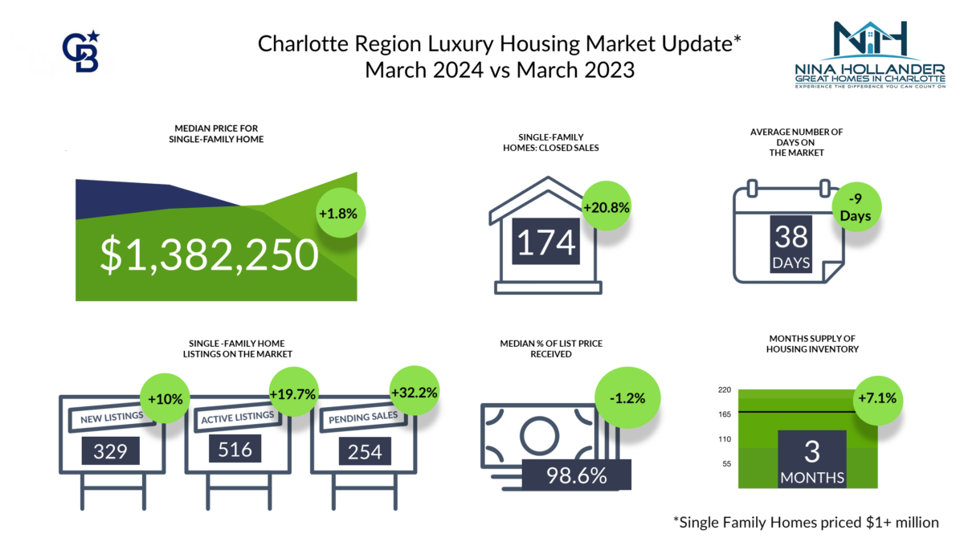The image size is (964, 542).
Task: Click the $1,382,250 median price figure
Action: click(x=210, y=254)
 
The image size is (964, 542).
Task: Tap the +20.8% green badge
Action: click(x=607, y=206)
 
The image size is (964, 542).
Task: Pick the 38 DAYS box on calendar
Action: click(x=792, y=246)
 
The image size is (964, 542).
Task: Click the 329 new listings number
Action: click(x=111, y=450)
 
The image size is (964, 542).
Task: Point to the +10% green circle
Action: click(x=164, y=397)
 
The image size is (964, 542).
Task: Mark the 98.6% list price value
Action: click(x=576, y=474)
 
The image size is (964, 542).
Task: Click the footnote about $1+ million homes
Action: click(x=805, y=522)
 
